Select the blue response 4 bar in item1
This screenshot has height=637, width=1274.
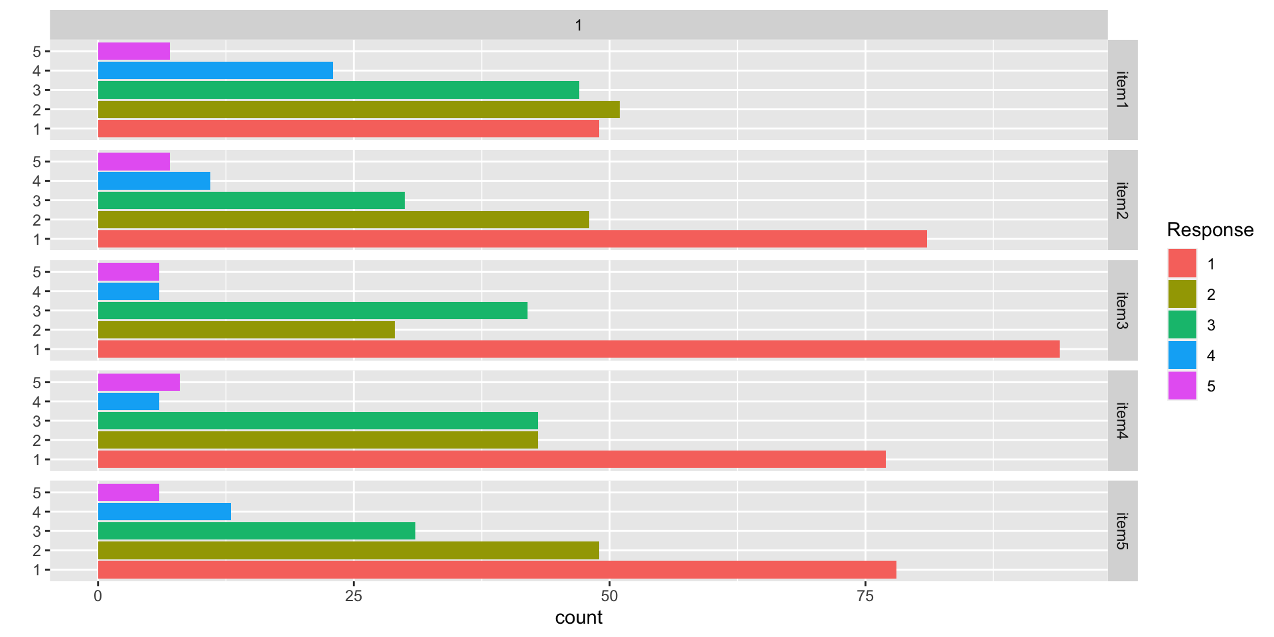(216, 70)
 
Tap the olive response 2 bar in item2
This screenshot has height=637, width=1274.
(343, 220)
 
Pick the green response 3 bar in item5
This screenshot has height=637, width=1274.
(256, 531)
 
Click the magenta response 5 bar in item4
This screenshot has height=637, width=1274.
(139, 382)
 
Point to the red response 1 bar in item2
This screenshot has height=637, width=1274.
(512, 239)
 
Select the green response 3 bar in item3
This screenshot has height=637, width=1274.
(313, 311)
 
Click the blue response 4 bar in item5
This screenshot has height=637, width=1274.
(165, 512)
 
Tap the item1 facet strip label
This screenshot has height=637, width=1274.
(1122, 90)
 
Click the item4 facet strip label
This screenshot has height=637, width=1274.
(1122, 421)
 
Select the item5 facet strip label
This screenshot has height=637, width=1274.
(1122, 531)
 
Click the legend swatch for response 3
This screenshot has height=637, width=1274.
(1182, 325)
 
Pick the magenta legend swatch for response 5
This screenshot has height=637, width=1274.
(1182, 386)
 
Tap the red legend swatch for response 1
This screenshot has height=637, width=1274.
(1182, 264)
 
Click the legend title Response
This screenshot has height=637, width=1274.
(1210, 230)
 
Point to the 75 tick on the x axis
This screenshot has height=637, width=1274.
(865, 596)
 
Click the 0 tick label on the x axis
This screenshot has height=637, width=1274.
(98, 596)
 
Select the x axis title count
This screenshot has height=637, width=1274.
(579, 618)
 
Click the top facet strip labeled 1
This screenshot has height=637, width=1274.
(579, 25)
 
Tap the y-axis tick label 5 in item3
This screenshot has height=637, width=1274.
(36, 272)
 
